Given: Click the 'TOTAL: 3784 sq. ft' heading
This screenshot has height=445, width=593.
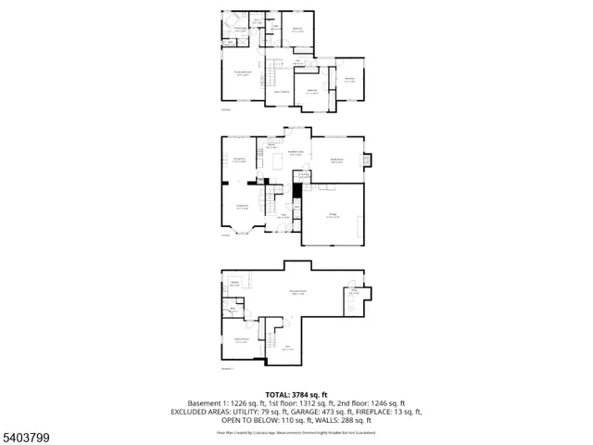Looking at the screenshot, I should (x=296, y=395).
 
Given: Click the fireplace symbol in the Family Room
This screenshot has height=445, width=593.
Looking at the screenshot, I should (x=369, y=159).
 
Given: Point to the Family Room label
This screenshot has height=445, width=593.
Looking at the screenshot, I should (x=337, y=159).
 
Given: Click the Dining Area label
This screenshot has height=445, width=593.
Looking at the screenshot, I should (x=296, y=154).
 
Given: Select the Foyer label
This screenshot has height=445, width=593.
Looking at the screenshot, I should (x=283, y=216).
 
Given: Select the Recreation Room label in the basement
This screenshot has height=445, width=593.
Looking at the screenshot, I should (x=297, y=292).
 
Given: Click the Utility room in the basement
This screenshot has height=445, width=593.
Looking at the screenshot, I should (x=354, y=292).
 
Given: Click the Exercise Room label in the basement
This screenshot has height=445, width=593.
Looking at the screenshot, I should (x=241, y=340).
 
